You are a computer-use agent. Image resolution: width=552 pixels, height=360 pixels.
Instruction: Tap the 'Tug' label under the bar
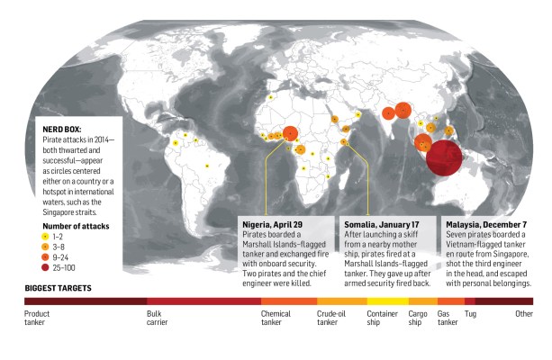470,314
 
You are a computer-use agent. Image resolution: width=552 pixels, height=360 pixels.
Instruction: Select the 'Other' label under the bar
523,314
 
